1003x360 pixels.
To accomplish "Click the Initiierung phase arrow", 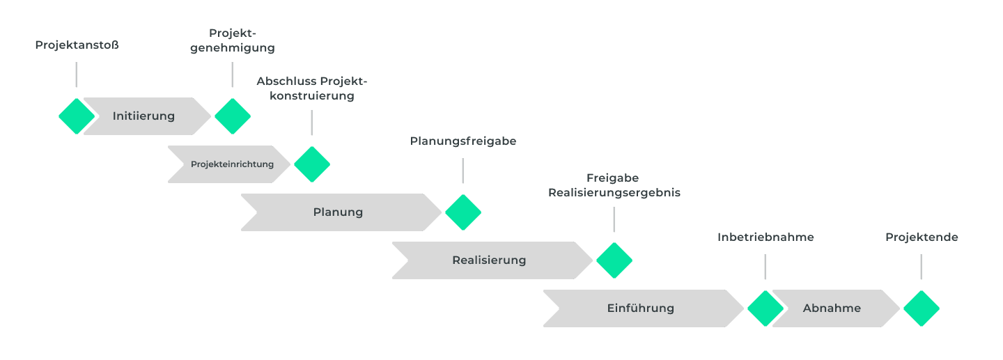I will click(x=144, y=116).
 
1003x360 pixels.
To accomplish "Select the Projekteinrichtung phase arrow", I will click(x=232, y=164).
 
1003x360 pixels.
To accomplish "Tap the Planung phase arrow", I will click(x=339, y=212).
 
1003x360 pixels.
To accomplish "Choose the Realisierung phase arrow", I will click(x=489, y=260).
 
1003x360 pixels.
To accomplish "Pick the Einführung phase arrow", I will click(x=640, y=308).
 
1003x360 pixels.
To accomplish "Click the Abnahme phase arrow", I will click(x=832, y=308).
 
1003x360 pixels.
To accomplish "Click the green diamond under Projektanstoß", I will click(x=77, y=116).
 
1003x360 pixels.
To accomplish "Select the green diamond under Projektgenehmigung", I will click(x=232, y=116).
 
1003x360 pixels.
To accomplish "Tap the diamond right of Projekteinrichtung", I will click(x=311, y=164).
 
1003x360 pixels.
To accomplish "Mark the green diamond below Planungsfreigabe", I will click(x=462, y=212).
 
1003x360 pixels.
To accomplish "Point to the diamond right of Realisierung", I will click(x=614, y=260).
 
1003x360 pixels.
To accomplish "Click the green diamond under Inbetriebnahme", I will click(x=765, y=308).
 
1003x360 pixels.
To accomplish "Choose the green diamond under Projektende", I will click(x=921, y=308).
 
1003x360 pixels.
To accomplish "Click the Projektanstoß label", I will click(x=77, y=45).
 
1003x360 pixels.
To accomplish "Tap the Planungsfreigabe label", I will click(x=462, y=141).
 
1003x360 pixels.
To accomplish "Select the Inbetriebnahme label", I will click(x=765, y=237).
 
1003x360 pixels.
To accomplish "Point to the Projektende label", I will click(x=922, y=237).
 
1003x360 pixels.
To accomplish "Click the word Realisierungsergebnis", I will click(x=614, y=193).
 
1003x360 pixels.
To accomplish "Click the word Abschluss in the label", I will click(x=286, y=81).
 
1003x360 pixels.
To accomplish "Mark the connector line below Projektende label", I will click(x=921, y=267).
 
